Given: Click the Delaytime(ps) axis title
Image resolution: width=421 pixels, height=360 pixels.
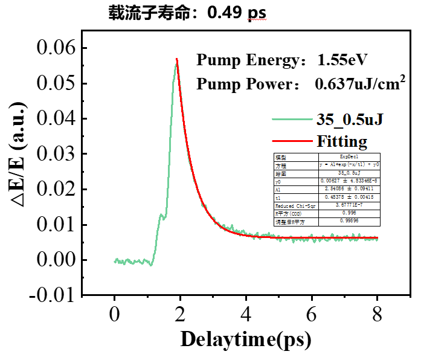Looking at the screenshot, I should pyautogui.click(x=246, y=339).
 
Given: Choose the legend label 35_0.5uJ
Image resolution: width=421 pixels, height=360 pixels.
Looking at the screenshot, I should pyautogui.click(x=350, y=120).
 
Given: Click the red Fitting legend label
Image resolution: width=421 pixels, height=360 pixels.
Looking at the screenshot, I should pyautogui.click(x=342, y=142).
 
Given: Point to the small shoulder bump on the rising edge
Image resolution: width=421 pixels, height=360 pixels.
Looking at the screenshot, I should pyautogui.click(x=161, y=214).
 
